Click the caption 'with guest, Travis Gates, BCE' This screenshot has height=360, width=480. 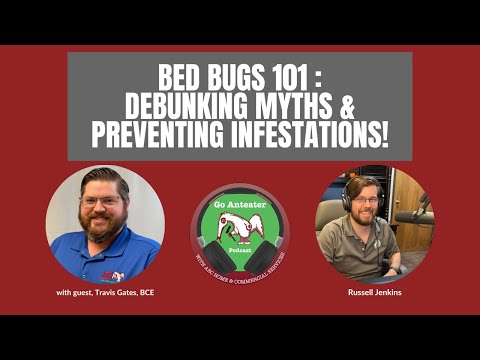105,293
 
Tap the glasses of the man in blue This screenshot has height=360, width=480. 100,201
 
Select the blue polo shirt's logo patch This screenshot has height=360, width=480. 117,270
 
